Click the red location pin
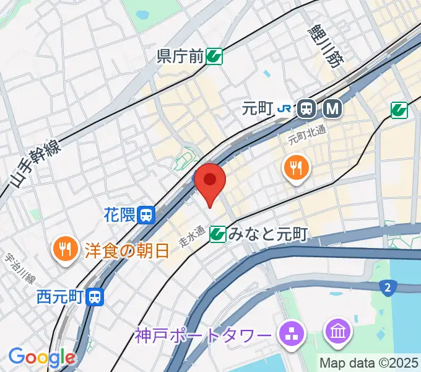(210, 181)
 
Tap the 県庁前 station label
(180, 58)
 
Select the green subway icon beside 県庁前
(215, 58)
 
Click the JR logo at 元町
(285, 109)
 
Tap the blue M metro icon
(333, 109)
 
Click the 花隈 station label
(119, 215)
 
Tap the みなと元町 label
(267, 234)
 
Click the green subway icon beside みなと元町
(217, 234)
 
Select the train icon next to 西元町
(95, 297)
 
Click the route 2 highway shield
(387, 286)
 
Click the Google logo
(41, 357)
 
